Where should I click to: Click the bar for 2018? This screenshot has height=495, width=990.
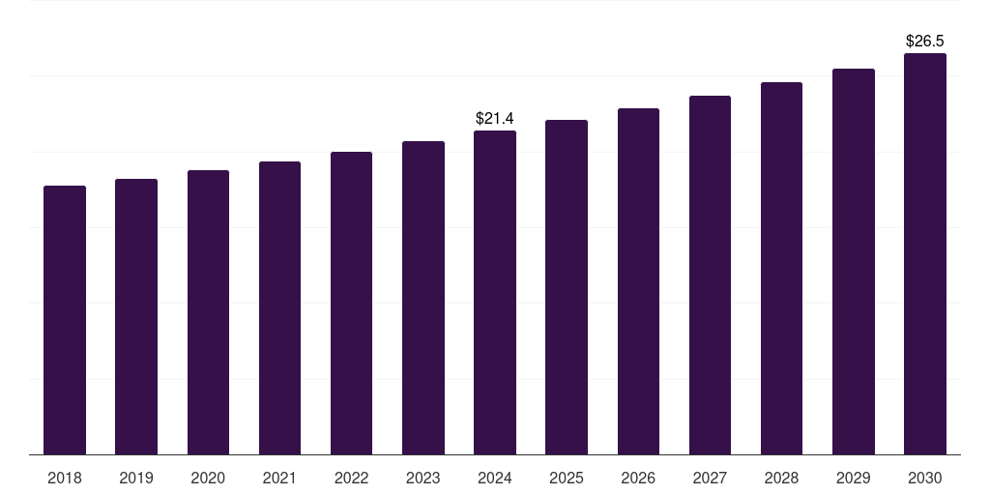pyautogui.click(x=65, y=320)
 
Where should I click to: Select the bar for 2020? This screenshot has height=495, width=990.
pyautogui.click(x=208, y=312)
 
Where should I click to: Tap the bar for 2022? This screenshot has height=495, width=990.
pyautogui.click(x=351, y=303)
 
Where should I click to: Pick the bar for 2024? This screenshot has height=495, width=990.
pyautogui.click(x=495, y=292)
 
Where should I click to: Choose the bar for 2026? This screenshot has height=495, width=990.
pyautogui.click(x=638, y=281)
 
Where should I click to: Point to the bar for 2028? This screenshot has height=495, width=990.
pyautogui.click(x=781, y=268)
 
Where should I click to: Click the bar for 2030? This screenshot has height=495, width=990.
pyautogui.click(x=925, y=253)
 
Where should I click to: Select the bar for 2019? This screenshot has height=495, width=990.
pyautogui.click(x=136, y=316)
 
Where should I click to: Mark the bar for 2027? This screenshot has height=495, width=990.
pyautogui.click(x=710, y=275)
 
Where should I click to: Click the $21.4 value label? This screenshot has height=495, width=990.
pyautogui.click(x=495, y=118)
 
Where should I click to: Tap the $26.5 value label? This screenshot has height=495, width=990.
pyautogui.click(x=925, y=41)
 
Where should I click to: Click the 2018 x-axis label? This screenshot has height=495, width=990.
pyautogui.click(x=65, y=478)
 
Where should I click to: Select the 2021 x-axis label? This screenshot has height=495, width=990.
pyautogui.click(x=279, y=478)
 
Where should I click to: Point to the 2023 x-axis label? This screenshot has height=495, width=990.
pyautogui.click(x=423, y=478)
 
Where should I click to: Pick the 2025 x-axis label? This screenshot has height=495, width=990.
pyautogui.click(x=567, y=478)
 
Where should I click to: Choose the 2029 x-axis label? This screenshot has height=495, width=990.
pyautogui.click(x=854, y=478)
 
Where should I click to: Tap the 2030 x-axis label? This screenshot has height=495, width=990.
pyautogui.click(x=925, y=478)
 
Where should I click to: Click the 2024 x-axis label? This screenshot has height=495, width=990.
pyautogui.click(x=495, y=478)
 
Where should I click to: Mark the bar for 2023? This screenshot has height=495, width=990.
pyautogui.click(x=423, y=298)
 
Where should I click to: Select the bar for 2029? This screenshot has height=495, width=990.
pyautogui.click(x=854, y=261)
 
